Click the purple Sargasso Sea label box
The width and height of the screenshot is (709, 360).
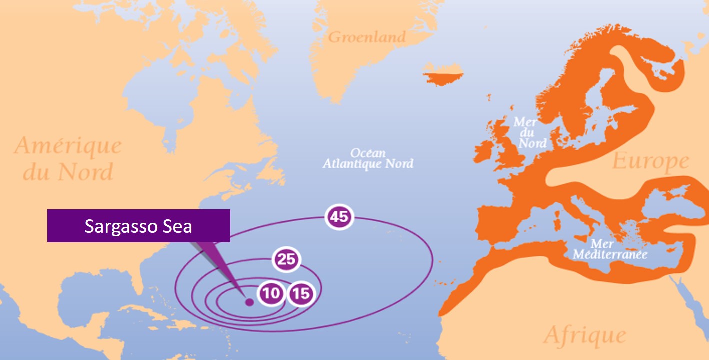coord(138,226)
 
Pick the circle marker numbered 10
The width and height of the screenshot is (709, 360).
coord(271,293)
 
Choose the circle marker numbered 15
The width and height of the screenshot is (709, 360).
coord(301,293)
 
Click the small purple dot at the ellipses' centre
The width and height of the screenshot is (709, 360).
coord(249,302)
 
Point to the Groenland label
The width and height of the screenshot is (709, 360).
coord(367,37)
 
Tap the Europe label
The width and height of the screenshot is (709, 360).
coord(650,162)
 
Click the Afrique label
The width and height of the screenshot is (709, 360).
coord(585,335)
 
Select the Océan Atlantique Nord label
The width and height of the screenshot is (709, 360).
coord(368,158)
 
